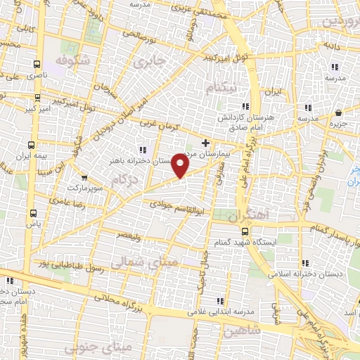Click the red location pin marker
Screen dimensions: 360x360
point(181,166)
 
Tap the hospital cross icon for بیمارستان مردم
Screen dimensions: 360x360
point(205,143)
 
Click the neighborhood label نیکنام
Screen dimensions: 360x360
point(220,86)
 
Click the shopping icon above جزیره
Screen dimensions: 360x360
point(339,112)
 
